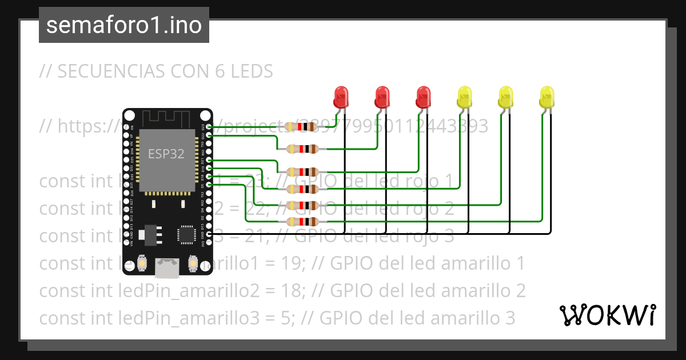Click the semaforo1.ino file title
point(123,25)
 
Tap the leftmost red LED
point(341,98)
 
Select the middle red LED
point(382,98)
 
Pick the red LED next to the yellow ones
point(423,98)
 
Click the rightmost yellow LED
point(547,98)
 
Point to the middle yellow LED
point(505,98)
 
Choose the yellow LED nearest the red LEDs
point(464,98)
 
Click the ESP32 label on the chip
point(166,154)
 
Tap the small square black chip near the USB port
point(186,234)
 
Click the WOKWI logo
point(607,315)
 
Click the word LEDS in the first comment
point(252,71)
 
